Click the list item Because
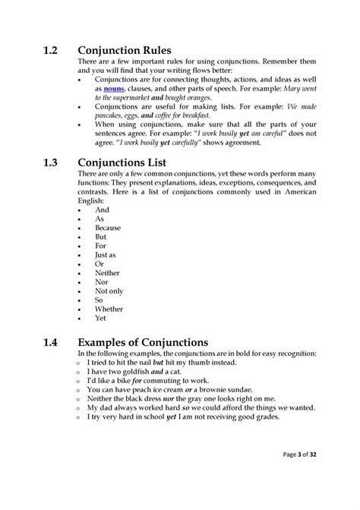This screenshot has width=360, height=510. [x=109, y=227]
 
